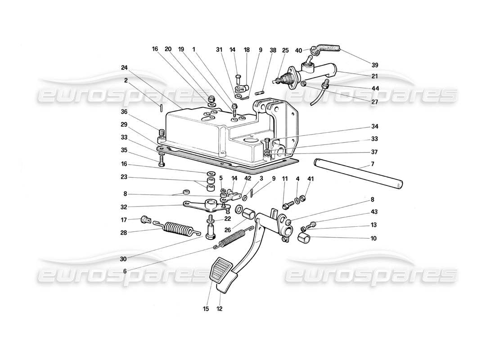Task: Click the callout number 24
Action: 124,68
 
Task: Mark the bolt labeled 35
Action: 161,161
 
